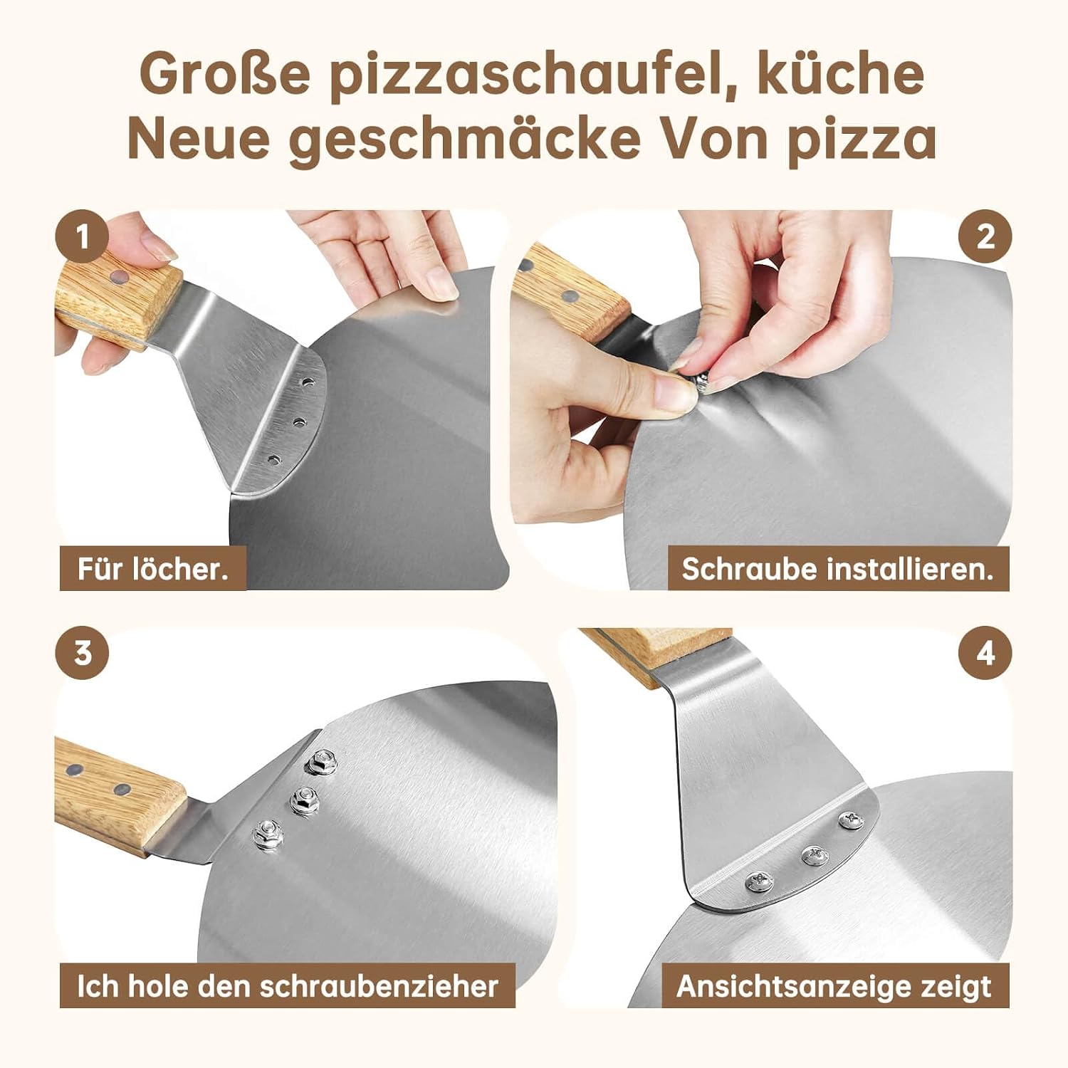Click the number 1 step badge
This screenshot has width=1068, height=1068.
[83, 237]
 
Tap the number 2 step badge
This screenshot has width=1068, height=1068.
[985, 237]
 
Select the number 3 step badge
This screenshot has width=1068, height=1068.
[83, 652]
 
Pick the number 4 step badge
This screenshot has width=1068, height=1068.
[985, 652]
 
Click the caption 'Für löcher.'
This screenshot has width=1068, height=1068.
[153, 569]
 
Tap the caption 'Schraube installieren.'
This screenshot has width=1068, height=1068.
[837, 569]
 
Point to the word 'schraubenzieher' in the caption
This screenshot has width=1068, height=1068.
[378, 986]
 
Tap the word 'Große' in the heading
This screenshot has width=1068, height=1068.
[225, 73]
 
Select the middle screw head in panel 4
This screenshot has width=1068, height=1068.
[815, 854]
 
